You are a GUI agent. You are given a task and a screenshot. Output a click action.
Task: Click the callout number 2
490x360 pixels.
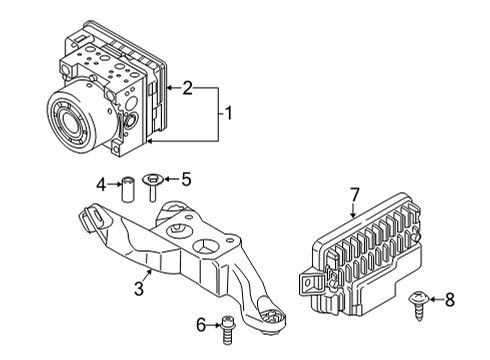pos(187,88)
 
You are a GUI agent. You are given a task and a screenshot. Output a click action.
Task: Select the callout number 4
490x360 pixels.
pos(101,183)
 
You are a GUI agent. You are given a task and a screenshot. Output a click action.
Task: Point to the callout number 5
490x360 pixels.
pos(185,180)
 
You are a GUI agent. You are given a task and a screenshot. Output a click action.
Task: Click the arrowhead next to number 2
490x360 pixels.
pos(170,88)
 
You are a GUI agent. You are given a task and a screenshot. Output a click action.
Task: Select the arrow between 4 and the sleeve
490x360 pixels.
pos(113,183)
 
